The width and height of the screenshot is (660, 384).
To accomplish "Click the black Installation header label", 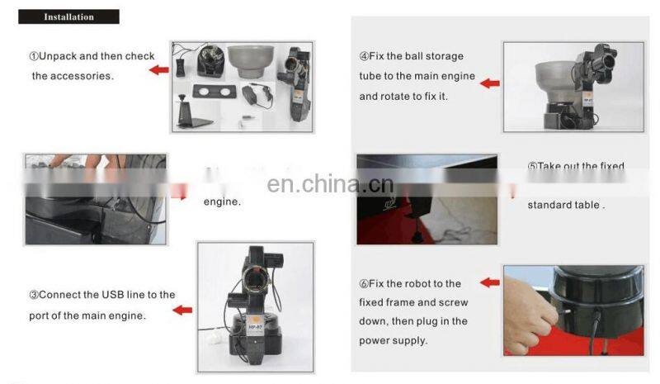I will tap(68, 17).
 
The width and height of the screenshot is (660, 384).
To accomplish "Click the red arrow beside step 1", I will tap(158, 70).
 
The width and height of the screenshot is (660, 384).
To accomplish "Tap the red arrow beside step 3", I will tap(182, 310).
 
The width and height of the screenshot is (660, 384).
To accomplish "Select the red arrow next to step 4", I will tap(489, 83).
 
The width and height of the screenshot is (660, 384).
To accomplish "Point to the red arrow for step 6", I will tap(489, 282).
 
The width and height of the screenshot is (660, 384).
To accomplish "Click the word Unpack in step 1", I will tap(60, 56).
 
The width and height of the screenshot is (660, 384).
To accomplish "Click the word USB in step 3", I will tap(112, 295).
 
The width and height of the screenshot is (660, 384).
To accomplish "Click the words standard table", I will tap(566, 204).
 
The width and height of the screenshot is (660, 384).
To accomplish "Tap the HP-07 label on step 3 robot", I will tap(256, 325).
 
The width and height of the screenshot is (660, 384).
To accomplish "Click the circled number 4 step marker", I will tap(364, 56).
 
